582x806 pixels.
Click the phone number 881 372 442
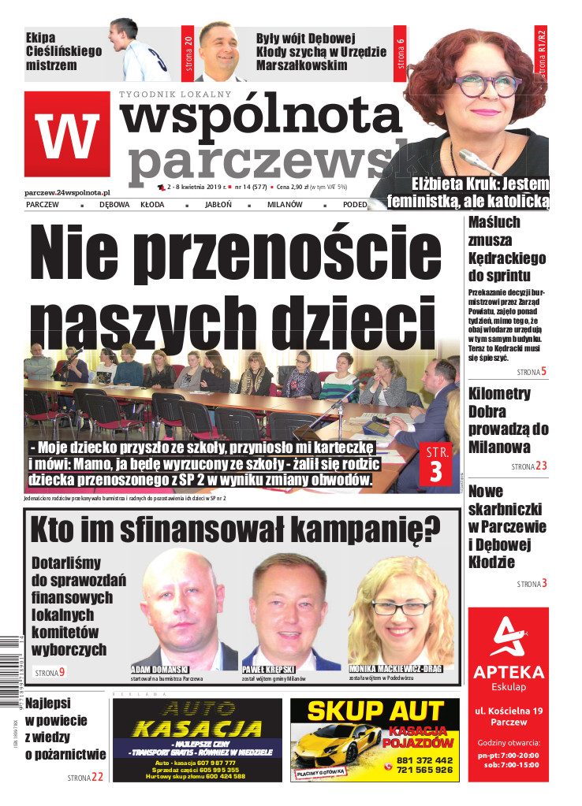424,760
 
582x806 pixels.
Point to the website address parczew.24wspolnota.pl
67,191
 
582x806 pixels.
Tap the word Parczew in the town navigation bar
43,205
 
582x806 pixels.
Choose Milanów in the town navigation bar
285,205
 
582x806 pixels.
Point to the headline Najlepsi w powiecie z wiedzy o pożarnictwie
65,728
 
